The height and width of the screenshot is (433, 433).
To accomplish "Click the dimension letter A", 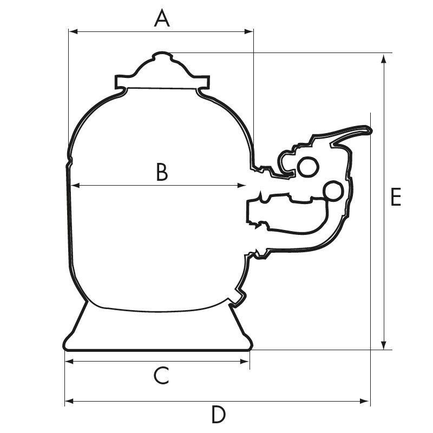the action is click(162, 18).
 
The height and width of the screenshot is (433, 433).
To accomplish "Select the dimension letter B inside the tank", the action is click(162, 172).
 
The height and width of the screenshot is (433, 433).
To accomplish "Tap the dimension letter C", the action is click(161, 376).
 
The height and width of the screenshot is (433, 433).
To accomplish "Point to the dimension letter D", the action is click(219, 414).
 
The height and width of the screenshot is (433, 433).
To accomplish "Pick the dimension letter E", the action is click(396, 197).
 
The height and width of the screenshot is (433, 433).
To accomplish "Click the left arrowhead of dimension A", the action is click(73, 32).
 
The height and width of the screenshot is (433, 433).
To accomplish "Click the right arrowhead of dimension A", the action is click(249, 32).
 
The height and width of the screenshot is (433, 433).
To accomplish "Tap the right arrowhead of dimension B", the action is click(241, 186).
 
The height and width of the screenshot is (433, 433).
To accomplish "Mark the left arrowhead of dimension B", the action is click(75, 186).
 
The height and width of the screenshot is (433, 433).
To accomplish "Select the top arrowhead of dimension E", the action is click(383, 59).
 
